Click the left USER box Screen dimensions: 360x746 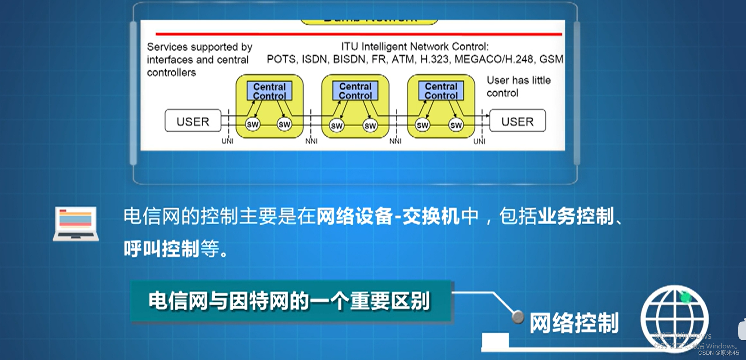[x=193, y=121]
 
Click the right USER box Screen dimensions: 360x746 [x=517, y=121]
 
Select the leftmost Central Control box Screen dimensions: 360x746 [x=269, y=91]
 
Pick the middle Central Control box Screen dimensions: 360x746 [x=355, y=91]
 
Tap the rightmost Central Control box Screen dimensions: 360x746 [x=441, y=91]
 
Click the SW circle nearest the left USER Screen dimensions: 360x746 [x=253, y=125]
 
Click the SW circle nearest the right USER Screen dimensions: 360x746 [x=456, y=125]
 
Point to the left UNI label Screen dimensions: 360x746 [x=227, y=141]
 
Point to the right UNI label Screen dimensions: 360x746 [x=479, y=141]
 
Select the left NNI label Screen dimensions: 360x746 [x=311, y=141]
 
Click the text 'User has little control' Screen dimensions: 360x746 [x=518, y=86]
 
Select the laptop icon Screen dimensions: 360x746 [x=76, y=223]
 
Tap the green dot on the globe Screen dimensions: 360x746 [x=685, y=296]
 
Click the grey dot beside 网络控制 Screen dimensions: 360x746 [x=518, y=317]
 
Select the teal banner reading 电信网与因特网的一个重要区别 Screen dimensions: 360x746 [x=291, y=301]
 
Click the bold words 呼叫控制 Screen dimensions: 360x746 [x=162, y=248]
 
